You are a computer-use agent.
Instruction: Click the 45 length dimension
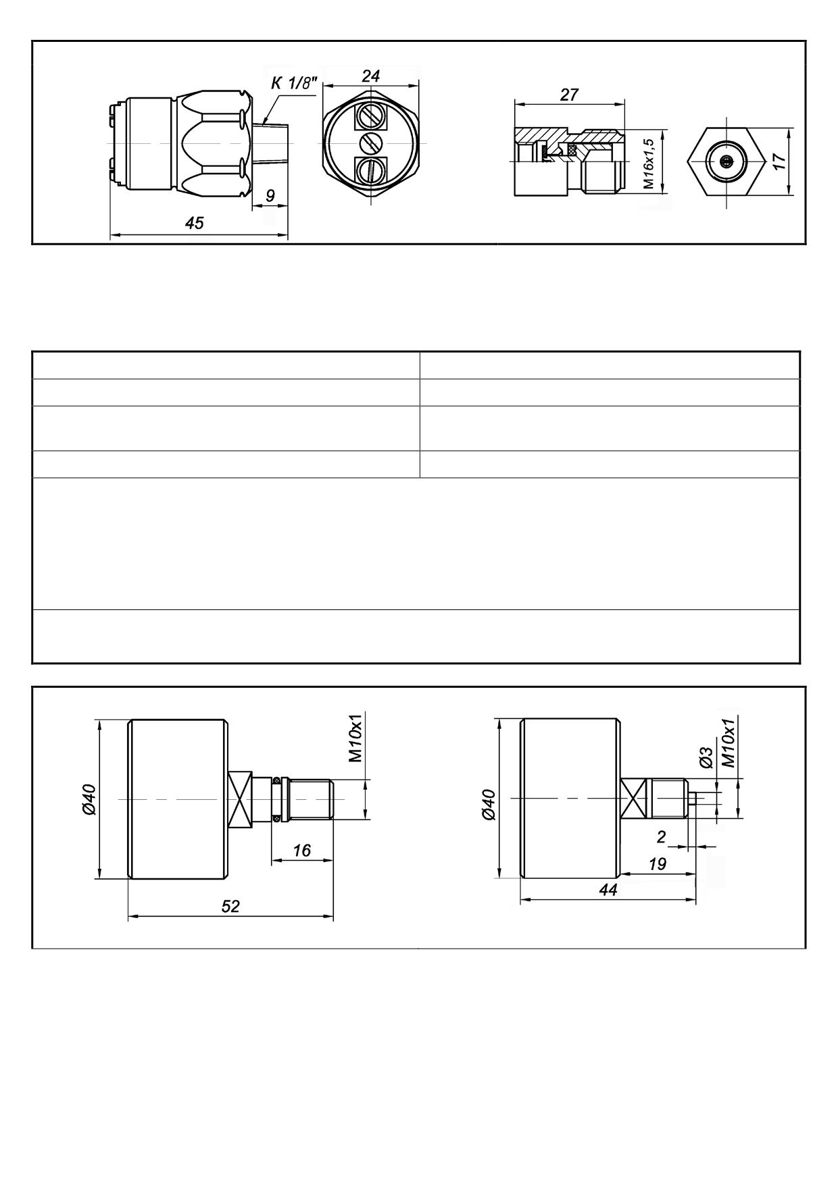pos(194,223)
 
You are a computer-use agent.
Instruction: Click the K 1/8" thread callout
pos(294,83)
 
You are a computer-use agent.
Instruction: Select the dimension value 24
pos(370,76)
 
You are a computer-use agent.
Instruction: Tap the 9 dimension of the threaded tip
pos(270,196)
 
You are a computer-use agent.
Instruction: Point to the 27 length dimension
pos(569,95)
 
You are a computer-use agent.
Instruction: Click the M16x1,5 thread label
pos(649,163)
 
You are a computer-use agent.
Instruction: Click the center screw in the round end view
pos(370,143)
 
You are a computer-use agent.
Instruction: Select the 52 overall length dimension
pos(230,906)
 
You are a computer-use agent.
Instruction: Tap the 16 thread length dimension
pos(302,850)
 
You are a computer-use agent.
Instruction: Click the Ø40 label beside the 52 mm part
pos(89,799)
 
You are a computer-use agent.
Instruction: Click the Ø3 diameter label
pos(706,757)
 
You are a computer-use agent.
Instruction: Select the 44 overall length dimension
pos(608,890)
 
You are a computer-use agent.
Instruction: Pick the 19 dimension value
pos(657,863)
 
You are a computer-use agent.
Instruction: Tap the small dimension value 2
pos(661,837)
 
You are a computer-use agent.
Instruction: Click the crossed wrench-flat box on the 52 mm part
pos(240,800)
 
